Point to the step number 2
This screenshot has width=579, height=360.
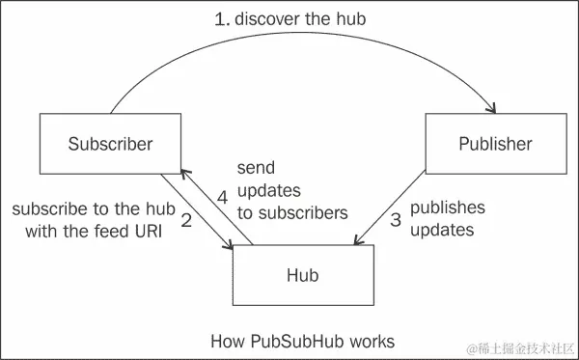(186, 221)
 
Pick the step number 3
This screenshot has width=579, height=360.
(395, 220)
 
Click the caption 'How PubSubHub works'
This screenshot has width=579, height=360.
(302, 341)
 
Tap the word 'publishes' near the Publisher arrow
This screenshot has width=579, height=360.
(448, 208)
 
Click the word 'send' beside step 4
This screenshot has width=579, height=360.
(254, 168)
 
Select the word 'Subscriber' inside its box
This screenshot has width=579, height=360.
(111, 145)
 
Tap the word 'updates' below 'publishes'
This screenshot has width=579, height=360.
(441, 231)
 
